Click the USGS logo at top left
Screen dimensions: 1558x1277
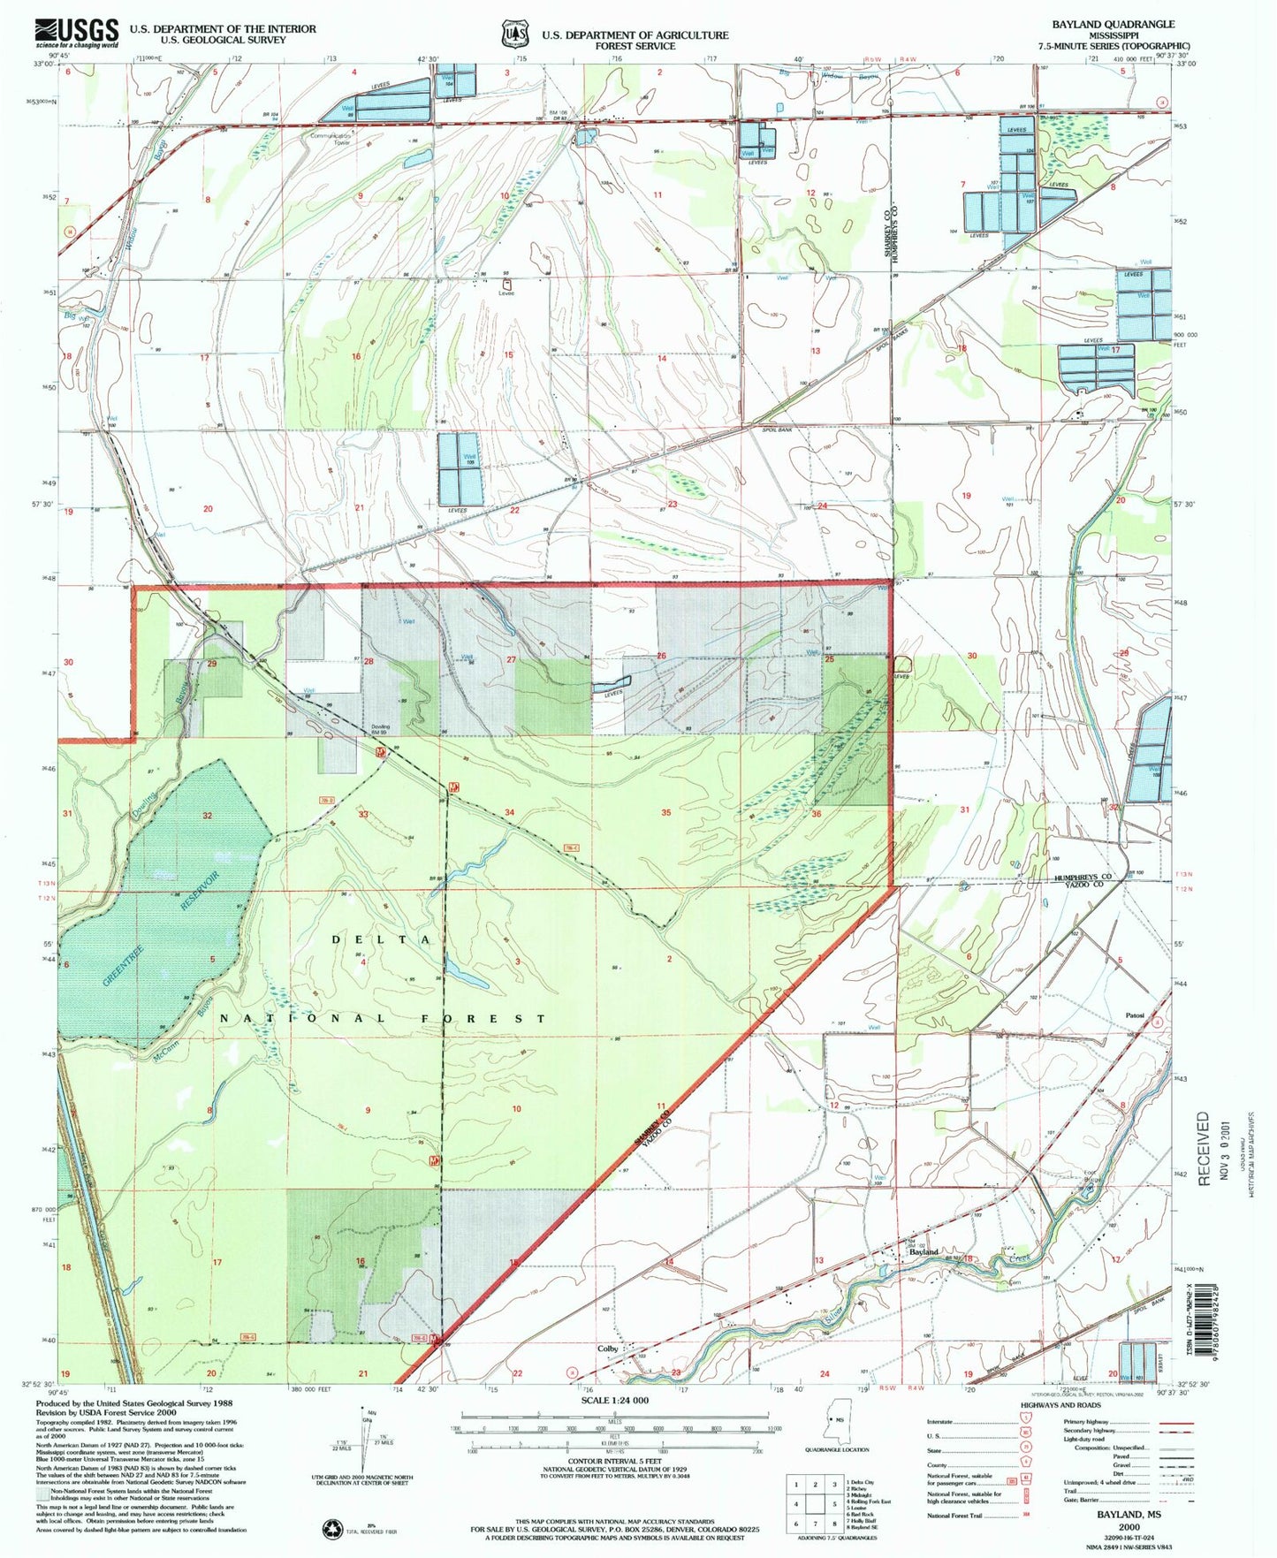click(x=77, y=33)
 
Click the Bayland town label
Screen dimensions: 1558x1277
click(x=924, y=1252)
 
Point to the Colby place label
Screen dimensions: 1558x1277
click(x=607, y=1349)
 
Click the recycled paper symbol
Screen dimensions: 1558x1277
click(x=335, y=1527)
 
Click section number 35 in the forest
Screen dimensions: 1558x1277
click(x=665, y=812)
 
